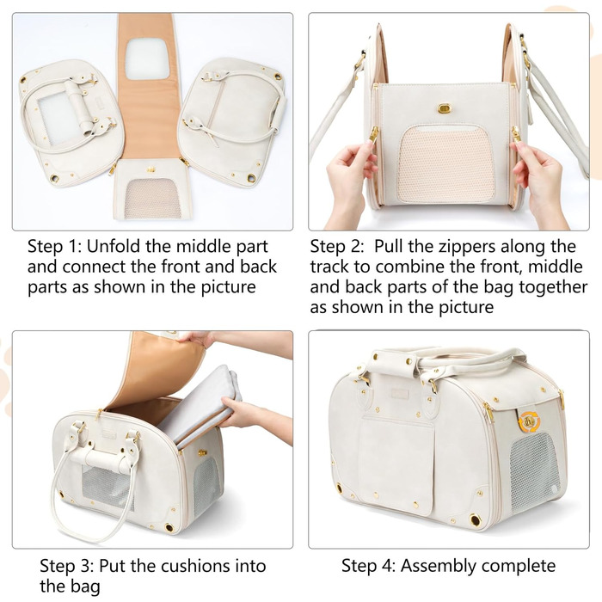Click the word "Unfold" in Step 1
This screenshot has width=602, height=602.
(x=114, y=247)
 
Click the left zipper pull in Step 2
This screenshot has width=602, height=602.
(x=372, y=134)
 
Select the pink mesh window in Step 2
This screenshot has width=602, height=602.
(x=445, y=165)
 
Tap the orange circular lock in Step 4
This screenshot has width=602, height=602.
(x=530, y=421)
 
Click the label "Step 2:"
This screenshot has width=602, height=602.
(x=336, y=247)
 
